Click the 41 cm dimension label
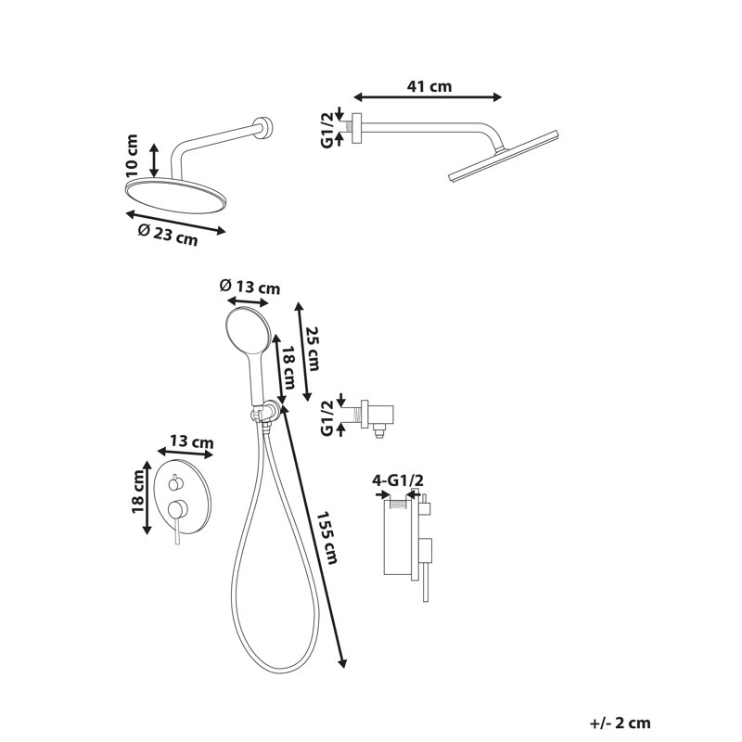pyautogui.click(x=429, y=86)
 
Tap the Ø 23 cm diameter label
pyautogui.click(x=168, y=234)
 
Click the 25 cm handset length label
pyautogui.click(x=313, y=349)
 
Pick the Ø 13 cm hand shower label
pyautogui.click(x=249, y=287)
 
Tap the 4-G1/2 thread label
pyautogui.click(x=398, y=480)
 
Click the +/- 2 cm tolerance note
pyautogui.click(x=620, y=723)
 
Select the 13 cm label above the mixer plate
pyautogui.click(x=192, y=441)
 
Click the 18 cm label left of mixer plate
pyautogui.click(x=138, y=492)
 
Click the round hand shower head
pyautogui.click(x=249, y=330)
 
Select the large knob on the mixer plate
pyautogui.click(x=177, y=509)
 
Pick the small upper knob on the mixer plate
pyautogui.click(x=174, y=484)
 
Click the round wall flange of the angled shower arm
pyautogui.click(x=263, y=129)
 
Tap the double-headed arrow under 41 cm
pyautogui.click(x=428, y=97)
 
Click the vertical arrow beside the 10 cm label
pyautogui.click(x=154, y=160)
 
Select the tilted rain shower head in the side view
pyautogui.click(x=504, y=155)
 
